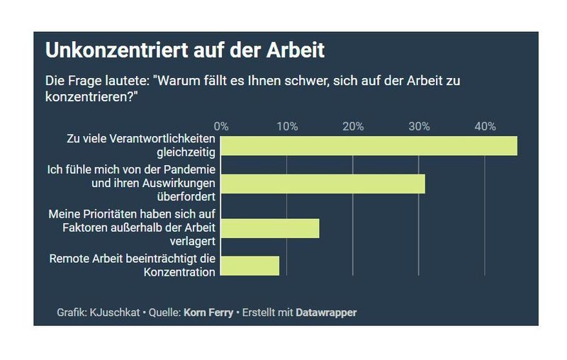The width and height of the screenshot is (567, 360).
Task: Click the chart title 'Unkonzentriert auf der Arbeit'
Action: pyautogui.click(x=185, y=51)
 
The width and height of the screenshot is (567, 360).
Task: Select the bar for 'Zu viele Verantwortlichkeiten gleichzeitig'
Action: pyautogui.click(x=369, y=145)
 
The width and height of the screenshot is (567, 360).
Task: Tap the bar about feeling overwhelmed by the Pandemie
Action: pyautogui.click(x=322, y=184)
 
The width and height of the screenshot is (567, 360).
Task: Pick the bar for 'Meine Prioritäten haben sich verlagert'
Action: pyautogui.click(x=270, y=228)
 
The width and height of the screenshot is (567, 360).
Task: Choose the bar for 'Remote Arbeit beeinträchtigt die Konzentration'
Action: pyautogui.click(x=250, y=266)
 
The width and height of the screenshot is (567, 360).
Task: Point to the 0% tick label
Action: pyautogui.click(x=221, y=126)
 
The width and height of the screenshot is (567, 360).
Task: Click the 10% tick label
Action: pyautogui.click(x=287, y=126)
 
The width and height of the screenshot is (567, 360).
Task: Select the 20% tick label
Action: pyautogui.click(x=353, y=126)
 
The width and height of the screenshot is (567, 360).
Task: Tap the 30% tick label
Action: pyautogui.click(x=419, y=126)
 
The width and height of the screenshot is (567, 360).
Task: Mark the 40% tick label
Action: pyautogui.click(x=485, y=126)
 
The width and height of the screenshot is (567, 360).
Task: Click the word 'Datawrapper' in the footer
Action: pyautogui.click(x=326, y=313)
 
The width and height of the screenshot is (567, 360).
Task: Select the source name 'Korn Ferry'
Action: pyautogui.click(x=208, y=313)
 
